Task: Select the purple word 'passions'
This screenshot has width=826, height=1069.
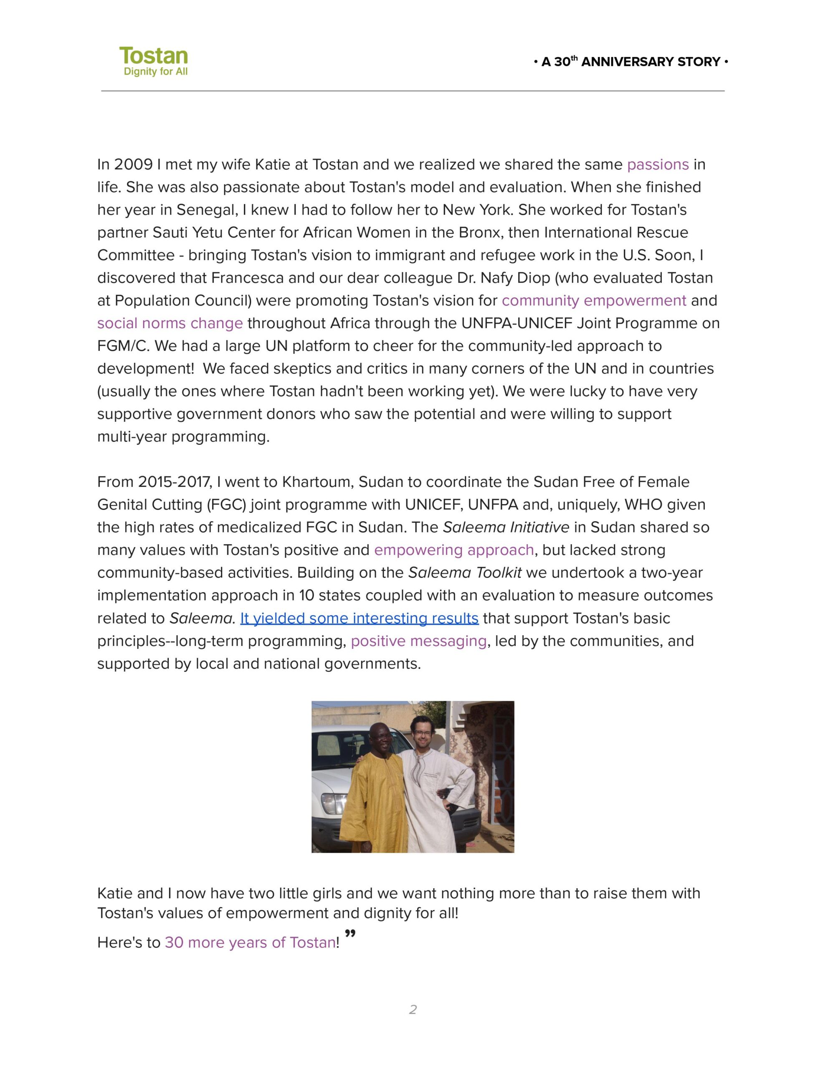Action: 658,165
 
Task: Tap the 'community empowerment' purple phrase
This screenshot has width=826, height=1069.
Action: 593,301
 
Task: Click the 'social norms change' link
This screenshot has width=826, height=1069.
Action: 170,323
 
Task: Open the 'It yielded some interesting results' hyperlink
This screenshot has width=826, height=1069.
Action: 359,618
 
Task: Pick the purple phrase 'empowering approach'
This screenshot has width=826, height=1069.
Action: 454,550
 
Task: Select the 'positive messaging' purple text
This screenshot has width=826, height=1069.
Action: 418,641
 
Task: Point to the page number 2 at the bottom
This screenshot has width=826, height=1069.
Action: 413,1009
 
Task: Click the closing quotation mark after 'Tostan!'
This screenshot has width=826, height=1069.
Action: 350,934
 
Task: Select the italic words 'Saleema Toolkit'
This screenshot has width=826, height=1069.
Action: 465,572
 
